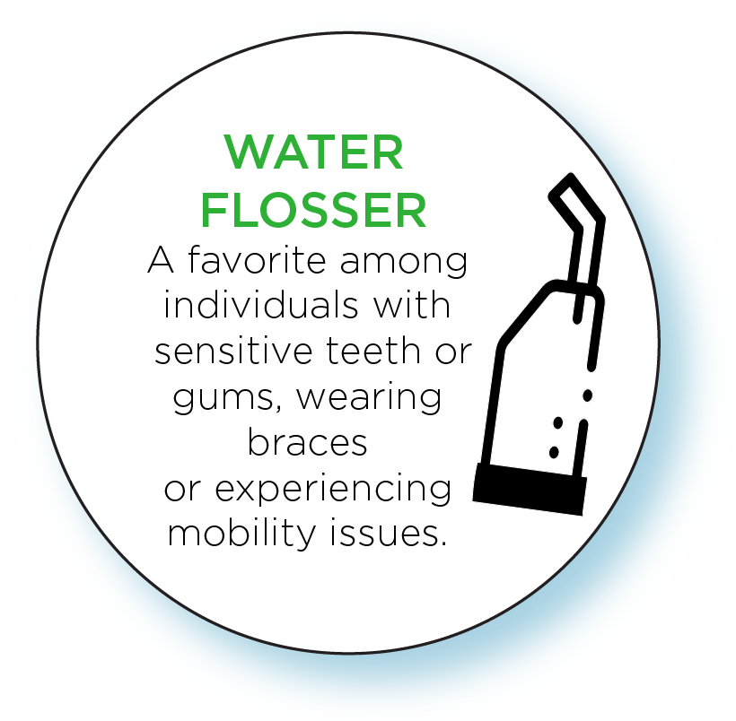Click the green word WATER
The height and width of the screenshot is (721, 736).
pos(313,152)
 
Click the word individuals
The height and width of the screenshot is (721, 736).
pos(261,305)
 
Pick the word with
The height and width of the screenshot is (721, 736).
pos(412,305)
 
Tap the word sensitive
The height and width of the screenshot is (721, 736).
pos(233,351)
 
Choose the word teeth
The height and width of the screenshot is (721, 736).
pos(373,351)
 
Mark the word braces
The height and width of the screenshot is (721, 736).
pos(308,442)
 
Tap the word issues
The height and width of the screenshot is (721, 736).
pos(388,534)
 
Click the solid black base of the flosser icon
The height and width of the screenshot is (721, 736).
pos(530,489)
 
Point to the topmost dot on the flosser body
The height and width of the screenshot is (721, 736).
pos(587,395)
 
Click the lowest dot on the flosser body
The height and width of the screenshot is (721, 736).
pos(554,452)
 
